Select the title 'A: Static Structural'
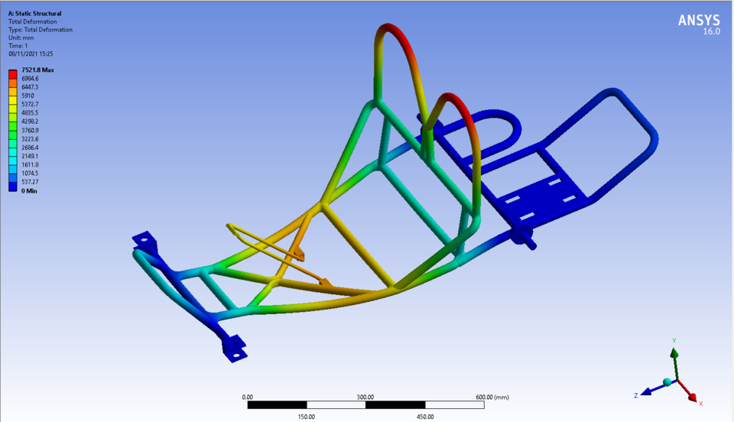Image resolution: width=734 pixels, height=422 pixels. (35, 14)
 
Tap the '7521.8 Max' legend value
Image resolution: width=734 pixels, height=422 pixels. (37, 70)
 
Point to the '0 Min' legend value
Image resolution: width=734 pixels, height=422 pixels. (30, 190)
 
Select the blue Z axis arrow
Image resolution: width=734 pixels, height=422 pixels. (647, 391)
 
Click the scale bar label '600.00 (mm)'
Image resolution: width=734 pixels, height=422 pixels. (492, 397)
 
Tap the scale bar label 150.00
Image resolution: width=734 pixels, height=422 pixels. (307, 417)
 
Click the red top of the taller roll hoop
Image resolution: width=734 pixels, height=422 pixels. (392, 31)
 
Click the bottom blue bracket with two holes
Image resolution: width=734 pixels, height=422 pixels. (234, 348)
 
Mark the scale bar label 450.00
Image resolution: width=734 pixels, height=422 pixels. (424, 417)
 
